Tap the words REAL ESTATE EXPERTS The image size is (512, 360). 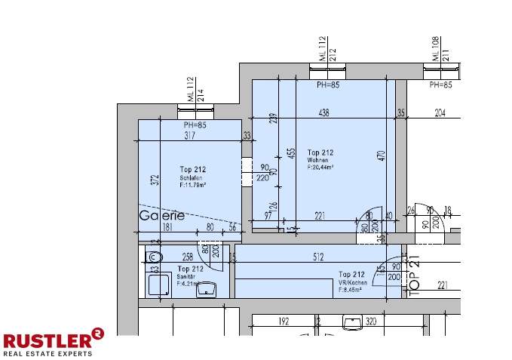coord(48,353)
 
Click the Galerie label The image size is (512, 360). coord(161,215)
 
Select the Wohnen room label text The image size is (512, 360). coord(317,161)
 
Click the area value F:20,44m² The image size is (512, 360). coord(320,168)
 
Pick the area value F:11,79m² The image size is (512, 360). coord(193,184)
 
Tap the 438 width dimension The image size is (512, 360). coord(323,112)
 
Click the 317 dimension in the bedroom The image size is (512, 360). coord(189,136)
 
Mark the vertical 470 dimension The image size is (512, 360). coord(382,156)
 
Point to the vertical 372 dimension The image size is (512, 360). coord(154,180)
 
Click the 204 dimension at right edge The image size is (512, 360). coord(440,112)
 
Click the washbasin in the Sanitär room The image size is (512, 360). coord(207,289)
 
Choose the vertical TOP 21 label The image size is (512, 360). coord(412,273)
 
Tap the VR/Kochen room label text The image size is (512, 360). coord(353,282)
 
